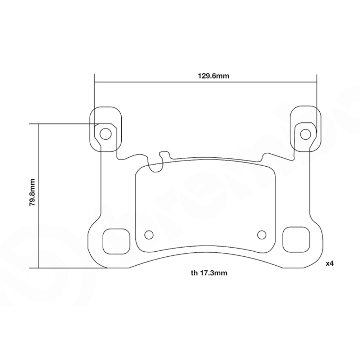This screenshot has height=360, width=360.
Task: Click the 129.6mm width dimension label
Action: [x=208, y=76]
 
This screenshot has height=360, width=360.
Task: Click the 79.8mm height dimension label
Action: [x=32, y=192]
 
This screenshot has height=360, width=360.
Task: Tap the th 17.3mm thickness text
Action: [x=209, y=273]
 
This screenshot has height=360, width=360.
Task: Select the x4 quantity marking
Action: [x=330, y=264]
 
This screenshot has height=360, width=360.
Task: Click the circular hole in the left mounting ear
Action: [x=105, y=134]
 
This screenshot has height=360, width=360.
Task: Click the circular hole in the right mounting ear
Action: [x=305, y=134]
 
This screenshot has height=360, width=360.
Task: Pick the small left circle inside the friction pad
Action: [x=148, y=235]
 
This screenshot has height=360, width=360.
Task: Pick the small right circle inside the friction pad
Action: [x=262, y=235]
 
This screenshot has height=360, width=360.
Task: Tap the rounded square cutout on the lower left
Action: [x=116, y=240]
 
